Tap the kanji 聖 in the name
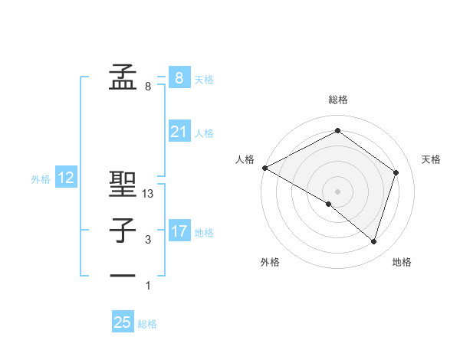click(x=123, y=184)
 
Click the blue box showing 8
click(x=179, y=78)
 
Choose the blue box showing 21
click(x=179, y=133)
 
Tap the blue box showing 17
click(x=179, y=231)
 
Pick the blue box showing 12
click(x=66, y=178)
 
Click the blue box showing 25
click(x=123, y=322)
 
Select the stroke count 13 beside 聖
click(x=149, y=195)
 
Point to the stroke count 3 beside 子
click(x=148, y=241)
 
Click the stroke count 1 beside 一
click(x=148, y=286)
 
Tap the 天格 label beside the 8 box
click(x=204, y=80)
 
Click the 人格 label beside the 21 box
click(x=204, y=133)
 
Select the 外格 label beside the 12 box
click(x=41, y=179)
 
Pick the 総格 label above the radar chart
click(x=338, y=100)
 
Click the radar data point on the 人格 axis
click(x=264, y=168)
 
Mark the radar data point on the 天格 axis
click(x=396, y=172)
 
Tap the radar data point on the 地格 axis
click(x=373, y=241)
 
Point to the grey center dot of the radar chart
click(x=337, y=191)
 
